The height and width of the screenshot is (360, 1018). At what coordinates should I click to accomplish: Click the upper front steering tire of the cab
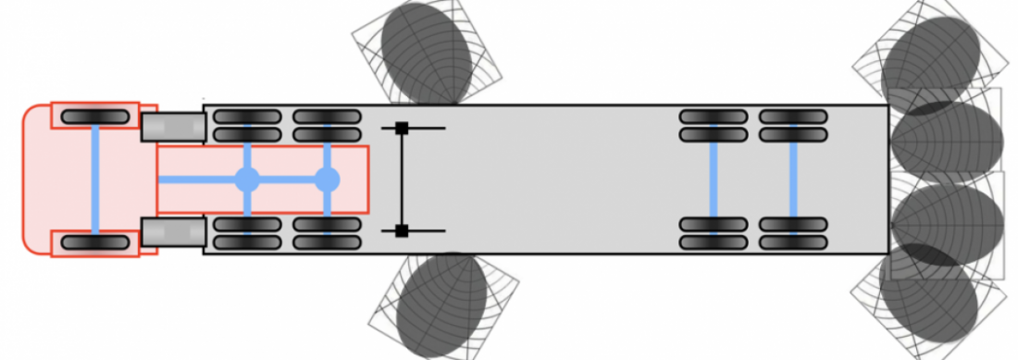pyautogui.click(x=95, y=117)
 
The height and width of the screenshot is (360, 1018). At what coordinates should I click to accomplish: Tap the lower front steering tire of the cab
pyautogui.click(x=95, y=242)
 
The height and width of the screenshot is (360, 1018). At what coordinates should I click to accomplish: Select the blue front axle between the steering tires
pyautogui.click(x=95, y=180)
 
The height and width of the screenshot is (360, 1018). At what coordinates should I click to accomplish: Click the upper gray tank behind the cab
pyautogui.click(x=173, y=127)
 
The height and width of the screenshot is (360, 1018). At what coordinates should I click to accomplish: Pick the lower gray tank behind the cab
pyautogui.click(x=173, y=231)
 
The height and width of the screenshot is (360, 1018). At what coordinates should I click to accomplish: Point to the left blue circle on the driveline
pyautogui.click(x=247, y=180)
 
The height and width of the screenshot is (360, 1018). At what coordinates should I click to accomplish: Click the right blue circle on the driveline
pyautogui.click(x=327, y=180)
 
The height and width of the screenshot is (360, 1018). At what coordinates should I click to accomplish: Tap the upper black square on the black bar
pyautogui.click(x=402, y=129)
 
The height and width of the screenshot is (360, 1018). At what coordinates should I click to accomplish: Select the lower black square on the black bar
pyautogui.click(x=402, y=230)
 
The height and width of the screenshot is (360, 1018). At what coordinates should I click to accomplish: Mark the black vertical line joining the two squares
pyautogui.click(x=402, y=180)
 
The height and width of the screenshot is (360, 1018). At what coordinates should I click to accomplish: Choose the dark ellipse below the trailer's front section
pyautogui.click(x=441, y=304)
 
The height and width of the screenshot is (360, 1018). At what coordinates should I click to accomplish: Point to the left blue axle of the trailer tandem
pyautogui.click(x=714, y=180)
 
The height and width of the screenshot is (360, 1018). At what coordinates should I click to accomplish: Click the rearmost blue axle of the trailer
pyautogui.click(x=793, y=180)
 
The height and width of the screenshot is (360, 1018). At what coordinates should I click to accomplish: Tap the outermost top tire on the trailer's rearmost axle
pyautogui.click(x=793, y=117)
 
